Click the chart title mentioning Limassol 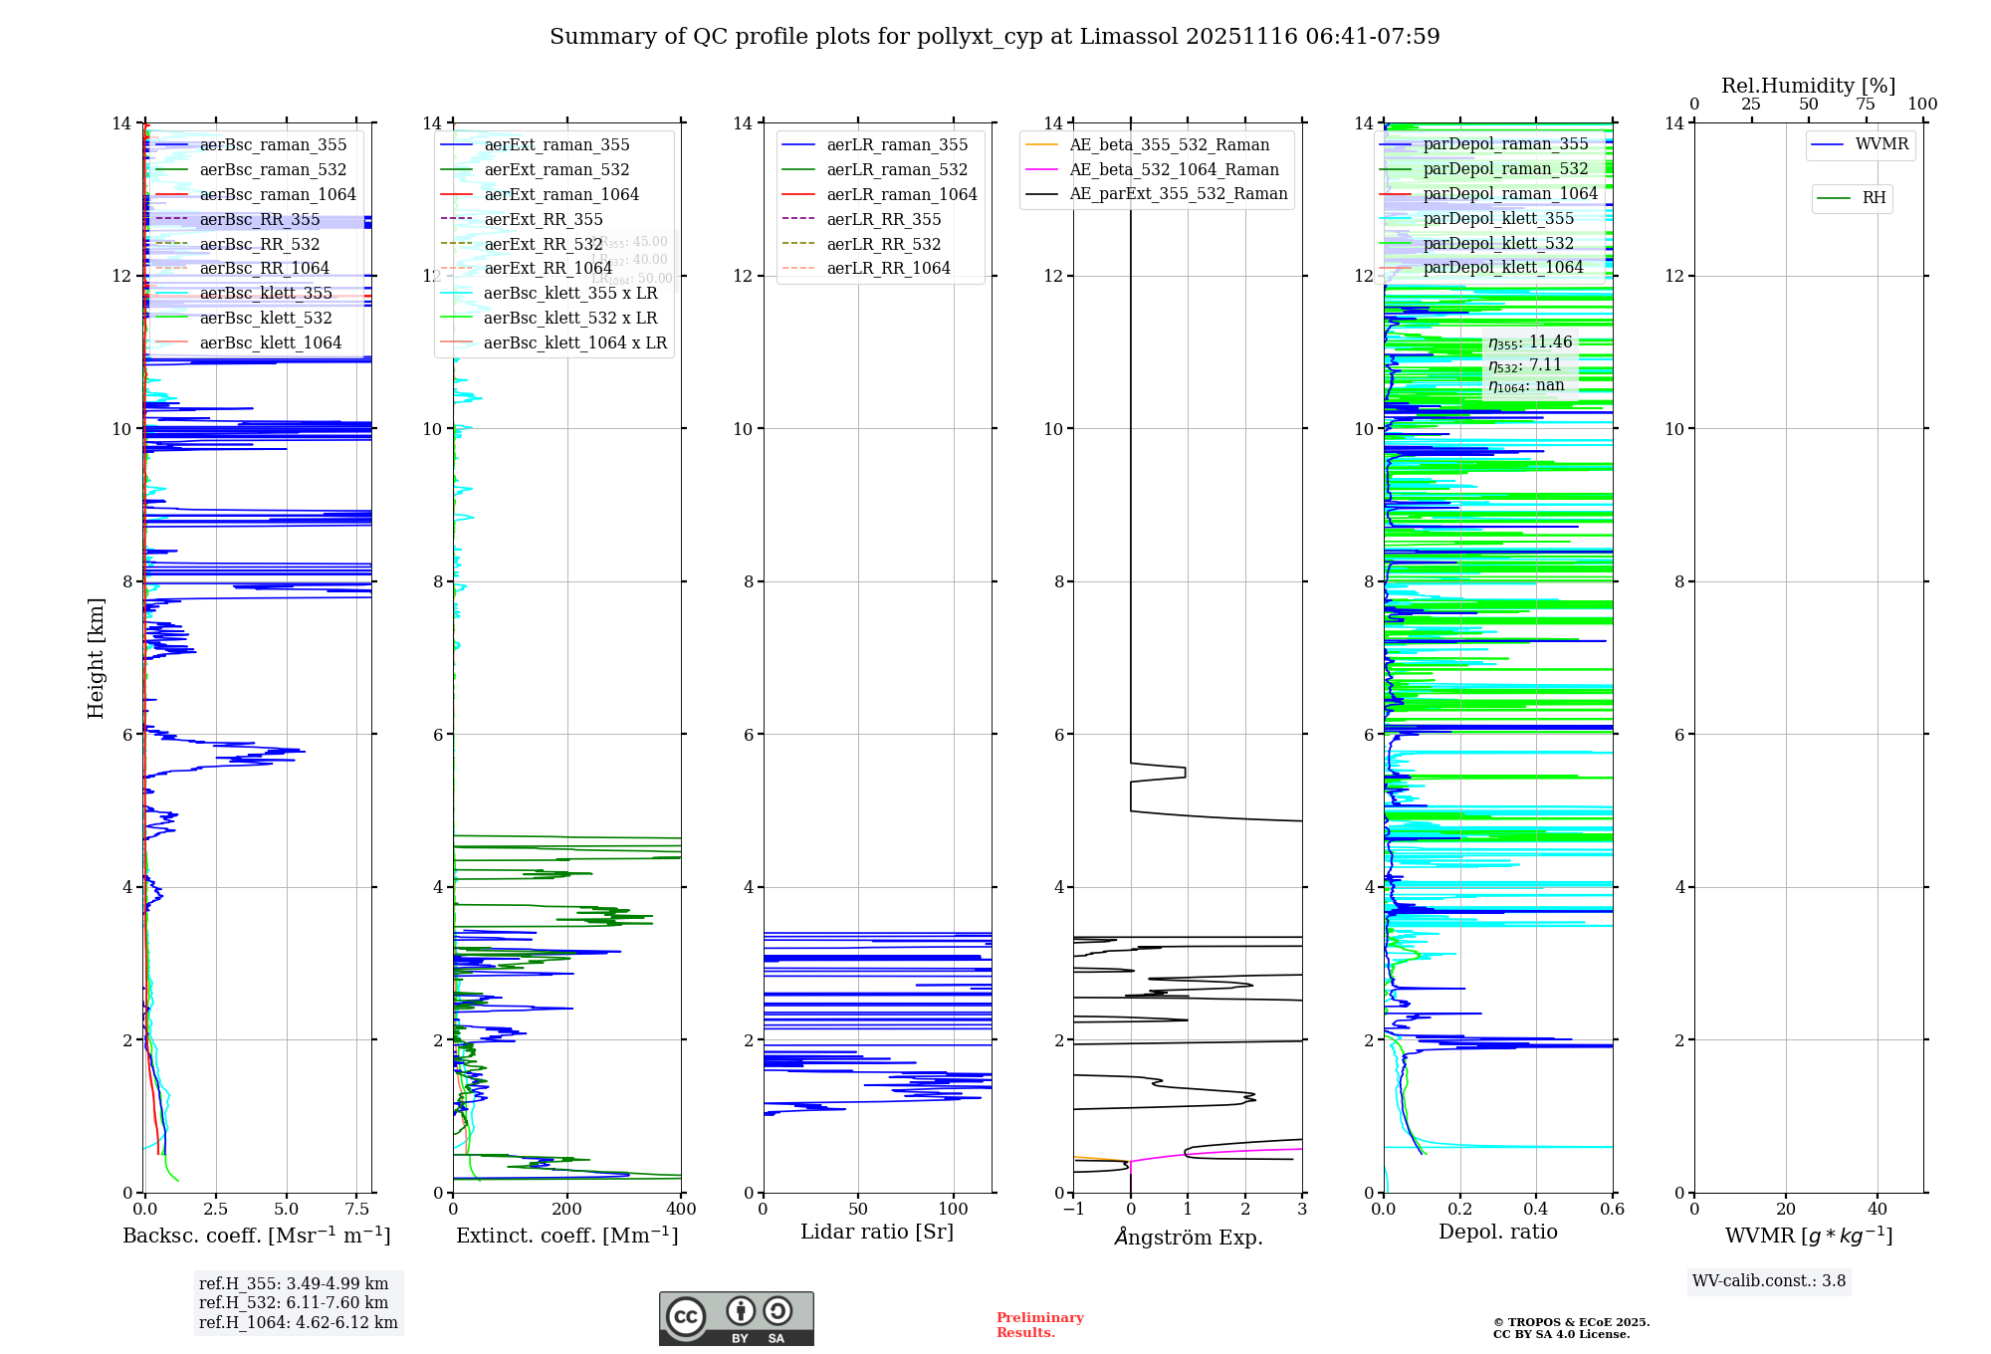pyautogui.click(x=995, y=37)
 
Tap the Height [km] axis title pyautogui.click(x=96, y=658)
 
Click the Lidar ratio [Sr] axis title pyautogui.click(x=877, y=1233)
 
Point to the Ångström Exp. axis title pyautogui.click(x=1188, y=1238)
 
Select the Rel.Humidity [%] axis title pyautogui.click(x=1808, y=86)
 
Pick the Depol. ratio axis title pyautogui.click(x=1497, y=1233)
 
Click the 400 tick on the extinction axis pyautogui.click(x=681, y=1210)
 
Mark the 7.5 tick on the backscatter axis pyautogui.click(x=357, y=1210)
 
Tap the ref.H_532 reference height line pyautogui.click(x=294, y=1303)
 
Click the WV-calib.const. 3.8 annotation pyautogui.click(x=1769, y=1281)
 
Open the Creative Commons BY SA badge pyautogui.click(x=736, y=1319)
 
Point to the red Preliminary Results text pyautogui.click(x=1039, y=1325)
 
